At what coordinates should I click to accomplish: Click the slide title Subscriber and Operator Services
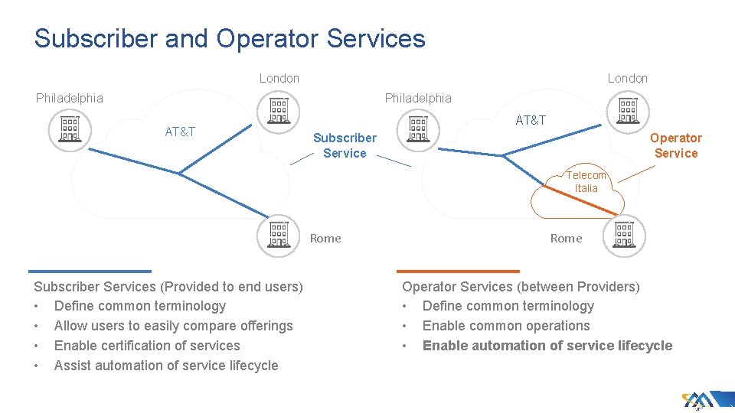(x=230, y=39)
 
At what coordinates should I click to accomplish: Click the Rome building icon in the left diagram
(x=279, y=234)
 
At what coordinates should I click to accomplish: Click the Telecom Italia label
(x=586, y=181)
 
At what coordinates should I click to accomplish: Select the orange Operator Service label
(x=675, y=145)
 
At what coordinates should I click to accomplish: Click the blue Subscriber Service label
(x=345, y=145)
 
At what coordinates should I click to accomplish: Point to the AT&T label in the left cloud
(x=181, y=132)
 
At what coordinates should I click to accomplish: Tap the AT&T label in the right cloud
(x=531, y=120)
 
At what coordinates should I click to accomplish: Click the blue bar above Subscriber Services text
(x=90, y=271)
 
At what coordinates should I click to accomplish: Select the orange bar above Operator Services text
(x=458, y=271)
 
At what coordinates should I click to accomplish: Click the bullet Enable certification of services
(x=147, y=346)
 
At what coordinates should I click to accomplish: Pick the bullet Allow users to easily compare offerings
(x=173, y=326)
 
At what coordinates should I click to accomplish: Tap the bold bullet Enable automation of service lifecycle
(x=547, y=346)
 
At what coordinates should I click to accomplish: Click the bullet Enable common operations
(x=506, y=326)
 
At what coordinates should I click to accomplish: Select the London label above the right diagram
(x=627, y=78)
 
